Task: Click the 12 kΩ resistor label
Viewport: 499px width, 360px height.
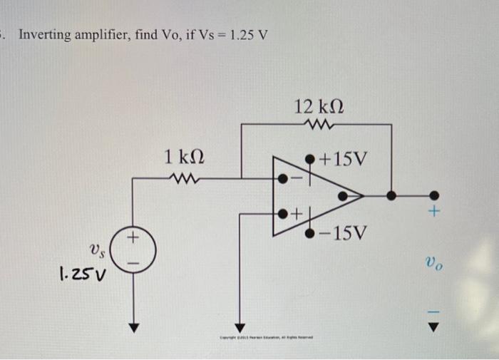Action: coord(318,107)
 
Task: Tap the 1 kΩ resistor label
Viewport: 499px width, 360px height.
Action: coord(186,157)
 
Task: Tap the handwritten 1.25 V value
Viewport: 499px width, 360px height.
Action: coord(80,272)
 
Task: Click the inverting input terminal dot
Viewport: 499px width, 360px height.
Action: coord(283,178)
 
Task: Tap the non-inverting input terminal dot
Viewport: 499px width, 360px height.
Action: coord(283,212)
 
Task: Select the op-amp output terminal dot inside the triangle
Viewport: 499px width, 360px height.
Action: coord(344,194)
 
